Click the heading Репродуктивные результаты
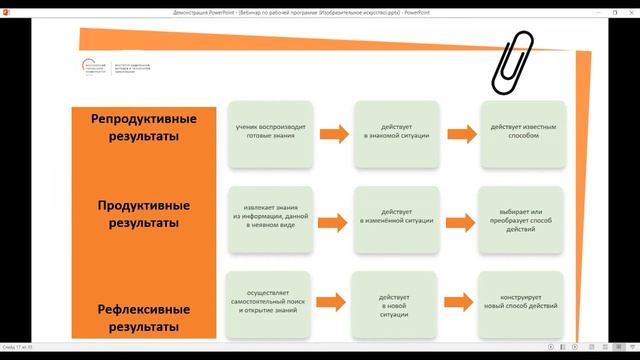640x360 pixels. pos(143,127)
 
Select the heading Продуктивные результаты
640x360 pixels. pos(143,214)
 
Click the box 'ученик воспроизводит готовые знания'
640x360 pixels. pos(270,133)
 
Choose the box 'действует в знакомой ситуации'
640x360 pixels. pos(395,133)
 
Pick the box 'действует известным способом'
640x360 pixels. pos(522,133)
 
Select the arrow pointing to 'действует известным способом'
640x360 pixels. pos(459,133)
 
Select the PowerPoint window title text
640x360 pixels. pos(319,8)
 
